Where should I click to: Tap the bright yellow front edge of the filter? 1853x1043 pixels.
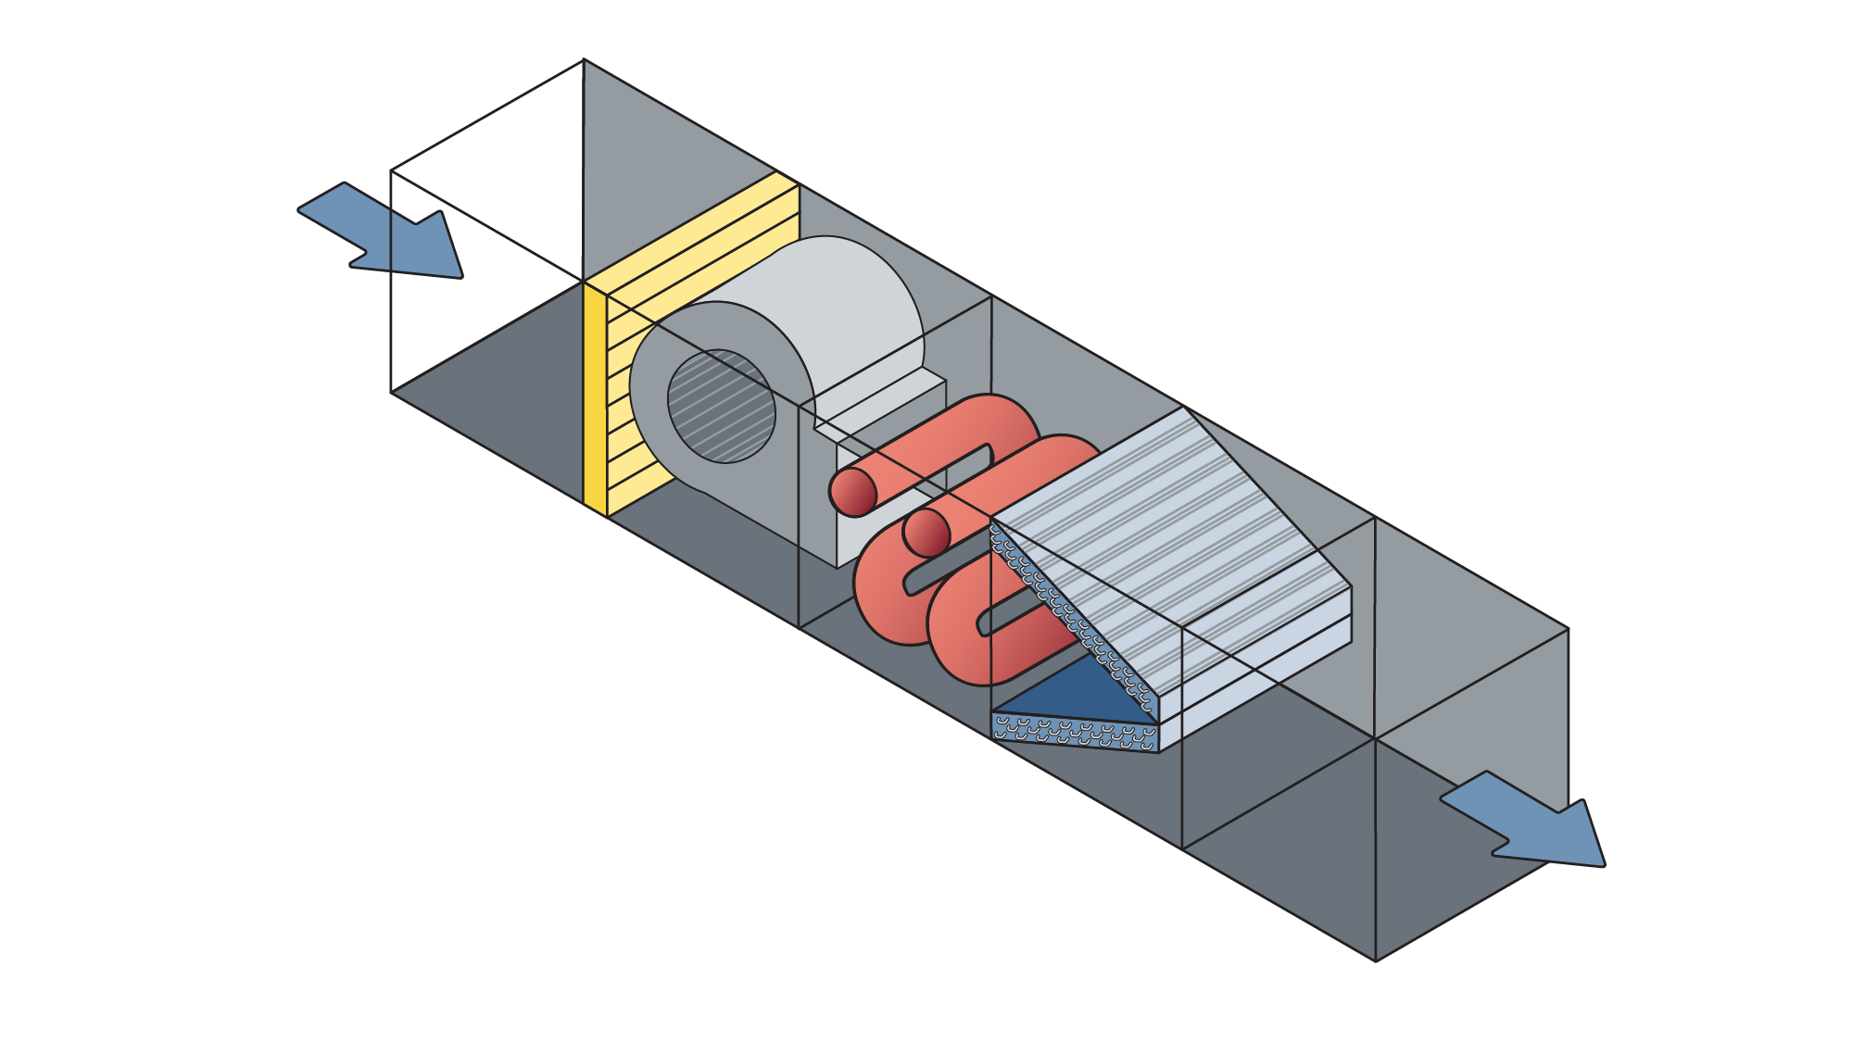tap(595, 398)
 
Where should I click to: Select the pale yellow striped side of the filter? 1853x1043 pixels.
tap(704, 241)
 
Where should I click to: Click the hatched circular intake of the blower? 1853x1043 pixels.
tap(722, 406)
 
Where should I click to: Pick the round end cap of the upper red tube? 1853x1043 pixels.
tap(852, 492)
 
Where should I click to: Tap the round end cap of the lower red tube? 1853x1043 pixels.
tap(926, 533)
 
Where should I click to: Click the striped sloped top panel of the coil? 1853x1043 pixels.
tap(1177, 519)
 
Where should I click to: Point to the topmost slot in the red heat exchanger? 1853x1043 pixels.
tap(964, 459)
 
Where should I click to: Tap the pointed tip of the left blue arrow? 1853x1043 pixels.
tap(460, 275)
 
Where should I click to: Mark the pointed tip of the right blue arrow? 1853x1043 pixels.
tap(1602, 864)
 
